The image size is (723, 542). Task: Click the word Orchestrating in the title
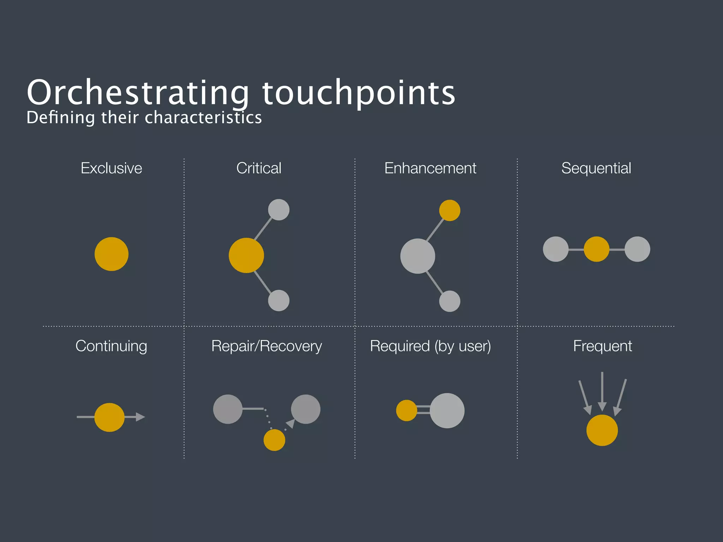138,92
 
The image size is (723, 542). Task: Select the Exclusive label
111,168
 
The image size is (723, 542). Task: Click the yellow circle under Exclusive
112,254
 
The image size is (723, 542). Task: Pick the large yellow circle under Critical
246,255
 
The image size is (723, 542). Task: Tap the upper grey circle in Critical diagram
279,210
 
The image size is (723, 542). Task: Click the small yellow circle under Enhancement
449,210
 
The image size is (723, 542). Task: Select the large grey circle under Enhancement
418,256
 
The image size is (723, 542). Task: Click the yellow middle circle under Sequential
596,249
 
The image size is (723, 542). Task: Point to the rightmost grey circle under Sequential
637,249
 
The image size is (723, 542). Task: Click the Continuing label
111,346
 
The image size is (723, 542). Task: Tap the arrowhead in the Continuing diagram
140,417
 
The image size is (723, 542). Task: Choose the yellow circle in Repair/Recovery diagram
274,440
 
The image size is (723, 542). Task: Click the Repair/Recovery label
267,346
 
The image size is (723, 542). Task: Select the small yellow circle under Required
406,410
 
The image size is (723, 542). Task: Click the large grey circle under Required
447,411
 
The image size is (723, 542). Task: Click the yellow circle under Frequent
602,430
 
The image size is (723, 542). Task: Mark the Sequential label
596,168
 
